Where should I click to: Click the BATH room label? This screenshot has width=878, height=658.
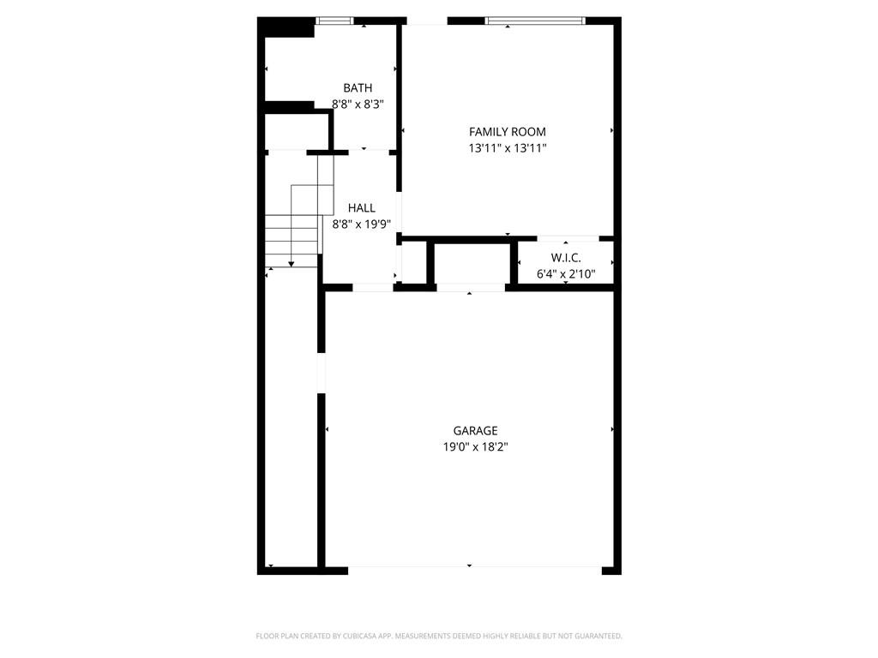358,87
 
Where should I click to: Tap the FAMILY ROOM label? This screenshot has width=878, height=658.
507,131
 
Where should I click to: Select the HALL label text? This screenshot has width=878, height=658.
361,207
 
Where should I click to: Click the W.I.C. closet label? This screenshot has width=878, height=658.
566,258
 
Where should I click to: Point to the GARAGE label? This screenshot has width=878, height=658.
475,431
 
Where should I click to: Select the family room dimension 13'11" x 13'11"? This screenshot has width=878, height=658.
507,147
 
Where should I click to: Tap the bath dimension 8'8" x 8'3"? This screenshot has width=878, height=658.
358,104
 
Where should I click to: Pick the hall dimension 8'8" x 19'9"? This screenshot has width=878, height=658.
361,224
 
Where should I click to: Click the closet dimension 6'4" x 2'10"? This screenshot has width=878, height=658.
566,273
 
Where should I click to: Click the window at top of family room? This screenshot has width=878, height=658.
535,21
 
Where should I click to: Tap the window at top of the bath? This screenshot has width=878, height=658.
334,21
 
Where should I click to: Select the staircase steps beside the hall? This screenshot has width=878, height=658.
292,236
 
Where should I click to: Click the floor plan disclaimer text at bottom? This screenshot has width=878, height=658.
439,636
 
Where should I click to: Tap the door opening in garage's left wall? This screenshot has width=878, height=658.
322,374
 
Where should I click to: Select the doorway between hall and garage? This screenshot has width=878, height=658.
373,287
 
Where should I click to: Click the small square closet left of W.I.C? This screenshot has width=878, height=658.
414,262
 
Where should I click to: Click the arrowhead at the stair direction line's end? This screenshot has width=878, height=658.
292,265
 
